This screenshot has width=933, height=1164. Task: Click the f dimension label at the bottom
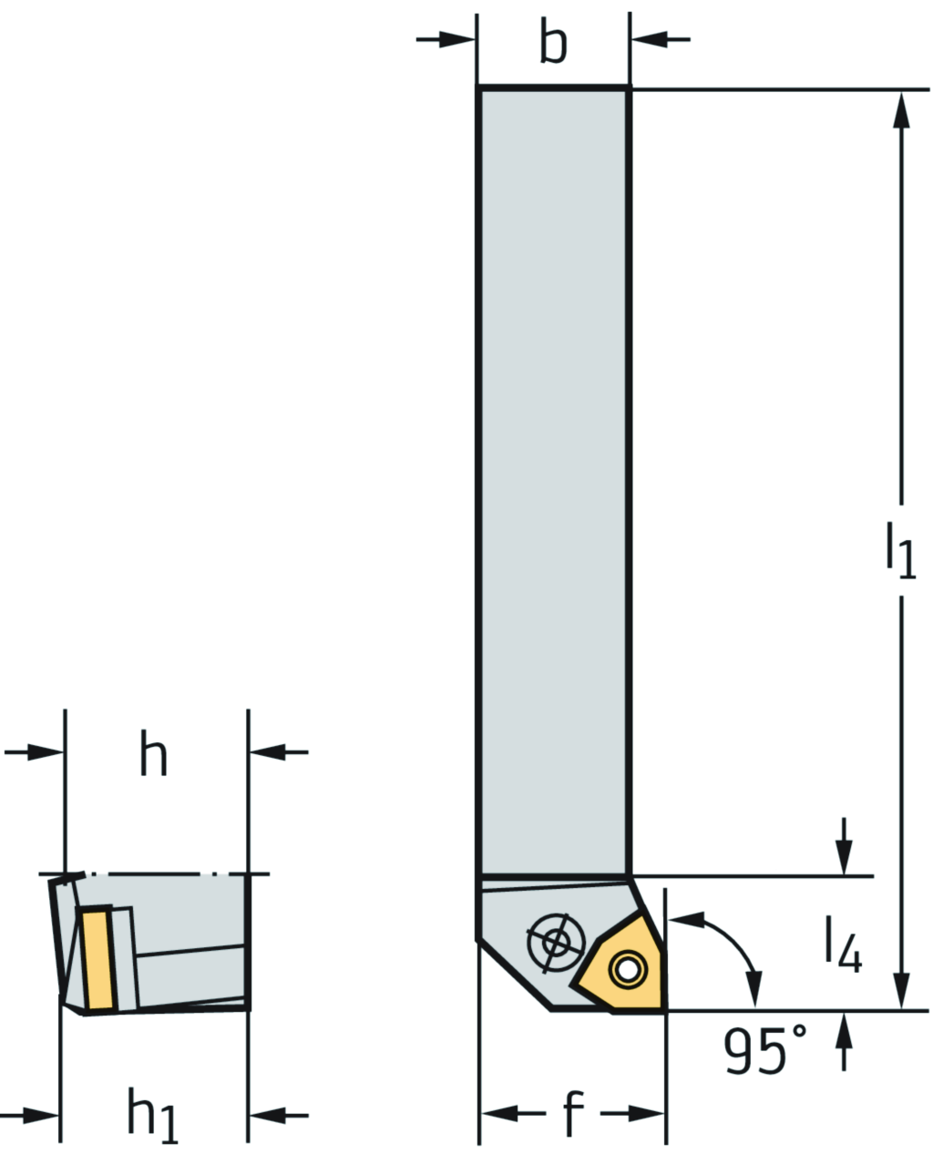(x=571, y=1114)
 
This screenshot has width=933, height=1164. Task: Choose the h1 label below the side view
(x=153, y=1116)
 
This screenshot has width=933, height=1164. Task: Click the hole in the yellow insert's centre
(x=626, y=968)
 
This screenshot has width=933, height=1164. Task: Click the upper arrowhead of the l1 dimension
(x=902, y=114)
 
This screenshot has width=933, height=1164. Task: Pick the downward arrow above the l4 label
(x=845, y=852)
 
